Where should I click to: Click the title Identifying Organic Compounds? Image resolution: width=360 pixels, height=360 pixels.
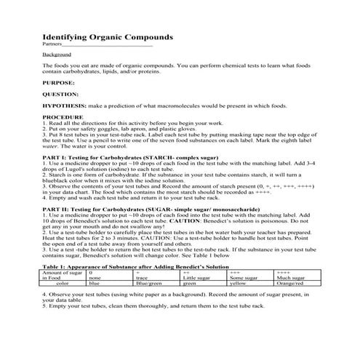[x=108, y=36]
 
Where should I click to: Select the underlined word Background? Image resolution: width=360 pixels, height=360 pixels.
[x=56, y=55]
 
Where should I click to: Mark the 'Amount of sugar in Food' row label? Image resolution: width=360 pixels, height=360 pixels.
[x=63, y=276]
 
